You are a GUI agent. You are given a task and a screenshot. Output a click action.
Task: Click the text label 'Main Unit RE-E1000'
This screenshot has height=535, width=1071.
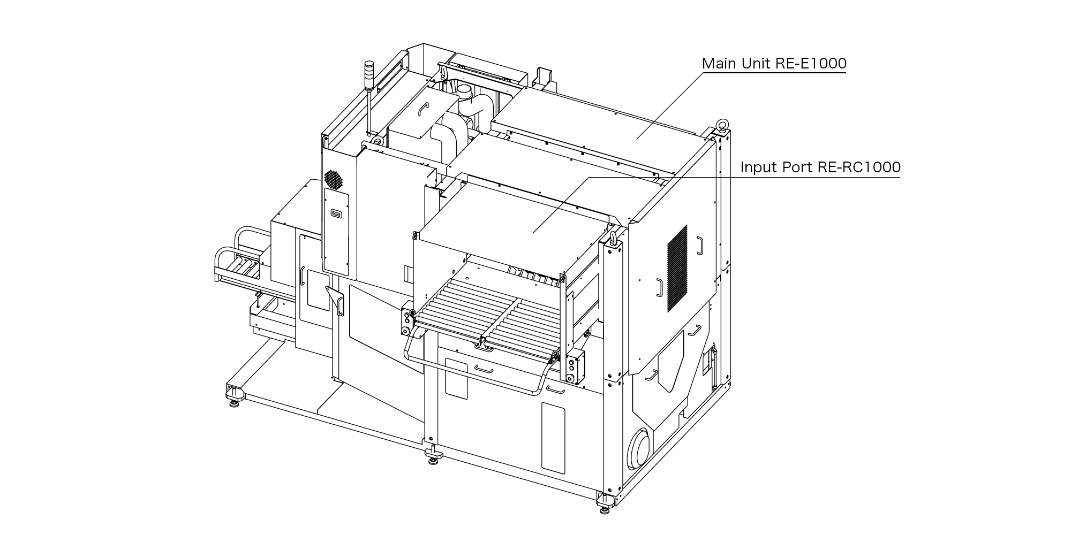pyautogui.click(x=774, y=64)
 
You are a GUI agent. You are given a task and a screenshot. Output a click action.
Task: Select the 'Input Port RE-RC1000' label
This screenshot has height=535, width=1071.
pyautogui.click(x=820, y=167)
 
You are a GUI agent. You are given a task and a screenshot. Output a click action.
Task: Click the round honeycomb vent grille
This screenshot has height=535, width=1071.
pyautogui.click(x=333, y=179)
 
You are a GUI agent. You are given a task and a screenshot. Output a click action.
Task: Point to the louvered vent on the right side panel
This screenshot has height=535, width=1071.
pyautogui.click(x=677, y=269)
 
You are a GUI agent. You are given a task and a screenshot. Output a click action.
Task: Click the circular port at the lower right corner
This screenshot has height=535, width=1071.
pyautogui.click(x=640, y=449)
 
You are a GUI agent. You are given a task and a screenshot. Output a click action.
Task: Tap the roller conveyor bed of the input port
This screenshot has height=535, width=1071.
pyautogui.click(x=487, y=318)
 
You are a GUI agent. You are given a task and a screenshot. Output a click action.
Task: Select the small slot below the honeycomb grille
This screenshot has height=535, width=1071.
pyautogui.click(x=336, y=215)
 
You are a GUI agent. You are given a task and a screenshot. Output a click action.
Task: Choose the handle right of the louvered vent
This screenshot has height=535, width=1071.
pyautogui.click(x=699, y=245)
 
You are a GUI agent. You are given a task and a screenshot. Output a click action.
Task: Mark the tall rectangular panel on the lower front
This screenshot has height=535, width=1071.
pyautogui.click(x=553, y=438)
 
